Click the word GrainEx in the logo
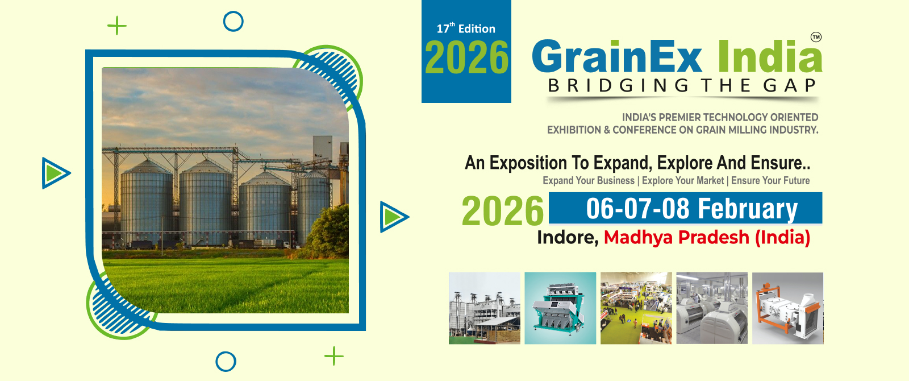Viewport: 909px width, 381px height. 618,57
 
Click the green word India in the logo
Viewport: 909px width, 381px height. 769,57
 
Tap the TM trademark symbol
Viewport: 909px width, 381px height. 816,37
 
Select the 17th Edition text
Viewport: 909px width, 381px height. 466,28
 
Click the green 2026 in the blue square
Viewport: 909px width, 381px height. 466,58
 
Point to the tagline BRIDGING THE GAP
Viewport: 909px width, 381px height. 682,86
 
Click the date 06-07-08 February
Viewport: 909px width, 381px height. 691,209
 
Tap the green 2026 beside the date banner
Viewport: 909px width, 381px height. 502,212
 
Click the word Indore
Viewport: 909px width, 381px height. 567,237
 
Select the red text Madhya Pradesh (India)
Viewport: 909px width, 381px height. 707,237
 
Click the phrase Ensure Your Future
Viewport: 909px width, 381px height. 770,181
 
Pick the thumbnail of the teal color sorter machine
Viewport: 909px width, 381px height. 560,308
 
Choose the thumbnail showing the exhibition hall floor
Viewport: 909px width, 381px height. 636,308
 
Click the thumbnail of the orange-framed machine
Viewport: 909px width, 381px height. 787,308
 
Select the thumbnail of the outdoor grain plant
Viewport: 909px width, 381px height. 484,308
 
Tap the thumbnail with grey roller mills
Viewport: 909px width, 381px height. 712,308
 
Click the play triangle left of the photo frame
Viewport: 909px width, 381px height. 55,173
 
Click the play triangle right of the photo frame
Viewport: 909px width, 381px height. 393,217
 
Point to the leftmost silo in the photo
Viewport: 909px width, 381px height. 146,202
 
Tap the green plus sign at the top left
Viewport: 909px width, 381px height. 117,26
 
